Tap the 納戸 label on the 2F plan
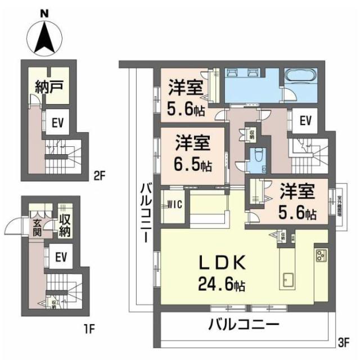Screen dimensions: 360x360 point(49,87)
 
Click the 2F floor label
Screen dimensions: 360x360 point(100,175)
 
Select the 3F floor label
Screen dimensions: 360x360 point(344,341)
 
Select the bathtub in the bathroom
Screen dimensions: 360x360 point(301,77)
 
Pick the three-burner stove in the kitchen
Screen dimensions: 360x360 point(321,256)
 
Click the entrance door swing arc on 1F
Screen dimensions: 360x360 point(12,228)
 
